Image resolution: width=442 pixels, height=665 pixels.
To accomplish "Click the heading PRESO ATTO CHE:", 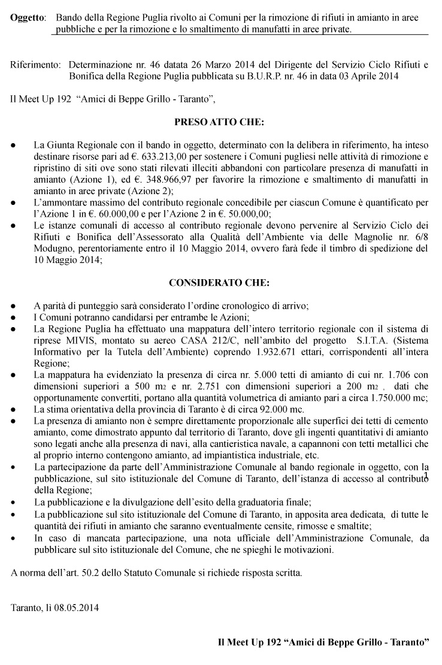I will coord(219,122).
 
